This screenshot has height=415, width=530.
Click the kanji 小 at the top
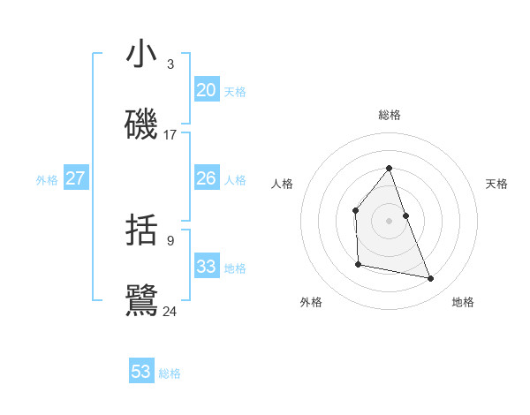[141, 55]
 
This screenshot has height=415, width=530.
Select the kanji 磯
[141, 125]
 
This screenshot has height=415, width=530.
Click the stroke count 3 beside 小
[170, 64]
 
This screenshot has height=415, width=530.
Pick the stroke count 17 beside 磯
[170, 135]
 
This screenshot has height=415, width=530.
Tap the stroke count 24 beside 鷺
[170, 311]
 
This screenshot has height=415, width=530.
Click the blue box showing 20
[206, 90]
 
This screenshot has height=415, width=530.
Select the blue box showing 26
[206, 178]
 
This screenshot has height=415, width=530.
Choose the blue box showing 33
[206, 267]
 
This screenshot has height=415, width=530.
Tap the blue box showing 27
[76, 178]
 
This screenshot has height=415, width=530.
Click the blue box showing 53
[141, 372]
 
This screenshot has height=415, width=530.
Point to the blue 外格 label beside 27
[47, 179]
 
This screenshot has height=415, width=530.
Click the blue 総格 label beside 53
[170, 373]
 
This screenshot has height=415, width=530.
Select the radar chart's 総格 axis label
[389, 115]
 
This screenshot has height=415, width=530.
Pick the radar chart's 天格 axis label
[496, 184]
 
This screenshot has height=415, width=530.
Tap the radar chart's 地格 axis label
[463, 302]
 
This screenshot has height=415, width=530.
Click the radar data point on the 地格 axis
[431, 279]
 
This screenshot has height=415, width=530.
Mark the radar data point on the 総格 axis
[389, 167]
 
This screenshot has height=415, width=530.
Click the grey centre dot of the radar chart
[389, 220]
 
